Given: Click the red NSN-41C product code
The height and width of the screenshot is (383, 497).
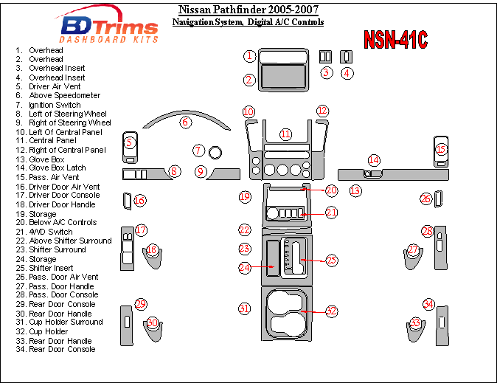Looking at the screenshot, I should coord(395,40).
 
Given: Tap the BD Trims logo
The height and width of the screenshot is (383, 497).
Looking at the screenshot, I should coord(108,28).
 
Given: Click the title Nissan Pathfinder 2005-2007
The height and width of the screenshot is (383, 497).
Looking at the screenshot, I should coord(248,10).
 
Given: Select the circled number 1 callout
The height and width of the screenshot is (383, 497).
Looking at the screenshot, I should coord(250,55).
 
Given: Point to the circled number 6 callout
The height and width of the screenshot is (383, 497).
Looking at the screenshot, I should coord(186,122).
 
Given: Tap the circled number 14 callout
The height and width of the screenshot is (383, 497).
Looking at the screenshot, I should coord(374,160).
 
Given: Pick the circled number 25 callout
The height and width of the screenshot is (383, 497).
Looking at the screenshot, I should coord(331,260).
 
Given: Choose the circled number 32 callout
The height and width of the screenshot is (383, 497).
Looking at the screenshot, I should coord(331,311).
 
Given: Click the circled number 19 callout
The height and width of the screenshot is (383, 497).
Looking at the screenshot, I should coord(245,197).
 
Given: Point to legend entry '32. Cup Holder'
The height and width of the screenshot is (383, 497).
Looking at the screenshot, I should coord(49,331).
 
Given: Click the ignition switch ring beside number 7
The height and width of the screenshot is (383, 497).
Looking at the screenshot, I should coord(216,152).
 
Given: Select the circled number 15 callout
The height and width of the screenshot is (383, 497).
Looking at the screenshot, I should coord(441,150).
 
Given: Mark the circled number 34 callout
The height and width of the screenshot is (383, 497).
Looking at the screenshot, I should coord(428,304).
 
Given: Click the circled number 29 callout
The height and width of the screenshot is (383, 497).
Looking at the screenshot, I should coord(140,304).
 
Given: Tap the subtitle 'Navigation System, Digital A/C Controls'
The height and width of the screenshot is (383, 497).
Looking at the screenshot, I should coord(248,22).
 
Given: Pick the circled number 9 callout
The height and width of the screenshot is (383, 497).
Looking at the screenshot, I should coord(201,172).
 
